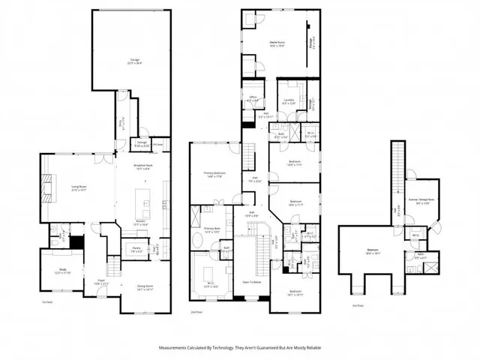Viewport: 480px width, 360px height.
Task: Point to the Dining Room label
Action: (x=145, y=287)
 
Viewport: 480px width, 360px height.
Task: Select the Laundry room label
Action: (x=288, y=102)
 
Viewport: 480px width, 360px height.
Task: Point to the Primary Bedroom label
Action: (x=214, y=174)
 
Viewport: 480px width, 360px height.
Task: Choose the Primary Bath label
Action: (x=211, y=229)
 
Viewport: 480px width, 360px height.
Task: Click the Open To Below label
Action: (x=250, y=282)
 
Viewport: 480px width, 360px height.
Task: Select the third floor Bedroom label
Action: (x=373, y=252)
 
